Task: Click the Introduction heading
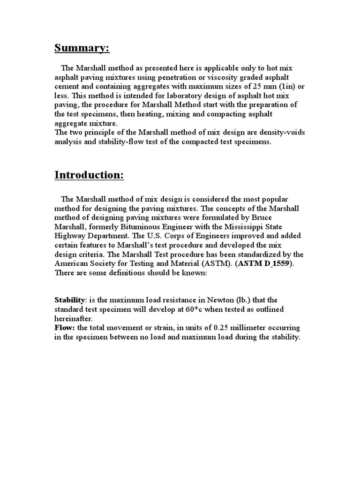tap(89, 175)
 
